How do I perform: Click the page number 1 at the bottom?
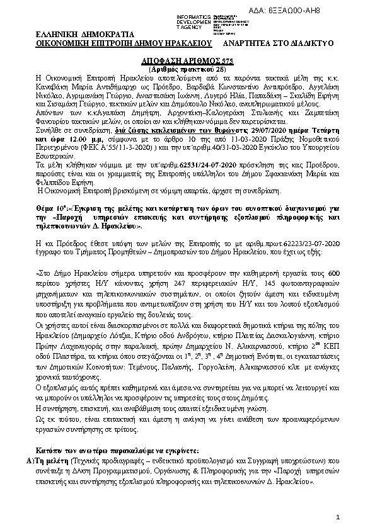[x=338, y=517]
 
